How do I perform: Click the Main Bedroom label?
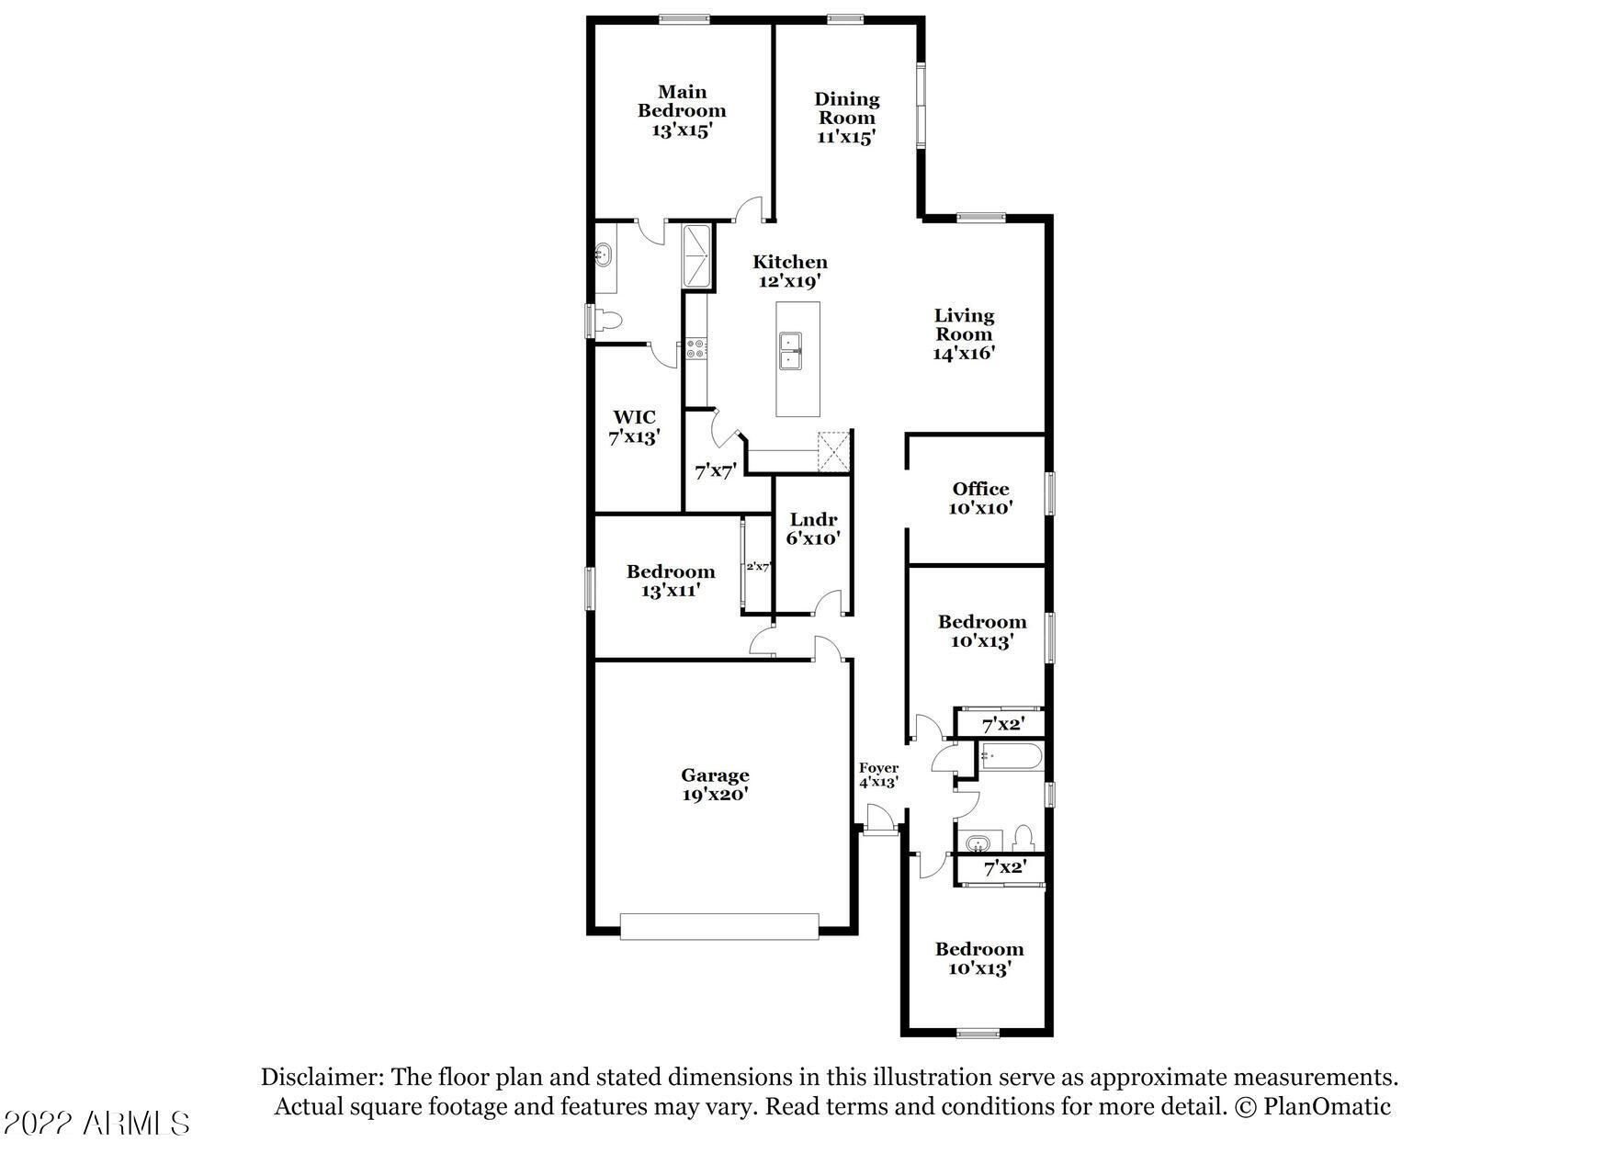(682, 110)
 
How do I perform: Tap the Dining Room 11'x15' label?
(846, 118)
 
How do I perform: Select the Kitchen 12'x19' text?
(789, 271)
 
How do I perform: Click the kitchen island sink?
(789, 352)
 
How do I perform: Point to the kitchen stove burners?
(695, 348)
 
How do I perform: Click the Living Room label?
(964, 334)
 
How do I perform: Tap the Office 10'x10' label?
(980, 498)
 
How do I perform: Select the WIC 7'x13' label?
(634, 427)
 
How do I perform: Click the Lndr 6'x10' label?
(813, 529)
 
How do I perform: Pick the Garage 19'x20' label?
(715, 785)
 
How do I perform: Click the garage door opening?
(718, 926)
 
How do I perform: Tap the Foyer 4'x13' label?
(878, 775)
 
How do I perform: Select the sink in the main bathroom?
(604, 254)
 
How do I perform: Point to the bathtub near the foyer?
(1011, 759)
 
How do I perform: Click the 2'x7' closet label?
(757, 567)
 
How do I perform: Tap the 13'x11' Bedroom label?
(671, 581)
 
